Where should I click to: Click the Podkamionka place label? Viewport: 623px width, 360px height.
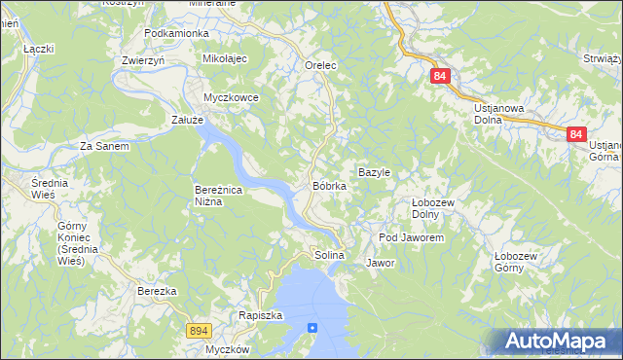click(x=176, y=33)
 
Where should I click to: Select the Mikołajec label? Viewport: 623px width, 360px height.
click(x=226, y=59)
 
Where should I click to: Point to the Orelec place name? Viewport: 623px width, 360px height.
click(x=320, y=66)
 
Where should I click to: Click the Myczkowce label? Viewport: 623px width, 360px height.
click(x=231, y=97)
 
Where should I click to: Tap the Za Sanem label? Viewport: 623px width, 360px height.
click(x=104, y=146)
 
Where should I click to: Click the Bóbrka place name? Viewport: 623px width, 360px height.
click(x=329, y=185)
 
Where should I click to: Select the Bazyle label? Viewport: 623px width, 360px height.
click(x=374, y=172)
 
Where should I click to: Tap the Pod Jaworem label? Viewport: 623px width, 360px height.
click(x=411, y=237)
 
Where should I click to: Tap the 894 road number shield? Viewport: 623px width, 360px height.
click(x=199, y=331)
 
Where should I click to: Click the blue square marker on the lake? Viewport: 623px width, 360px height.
click(x=312, y=328)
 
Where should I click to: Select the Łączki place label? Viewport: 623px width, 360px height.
click(x=38, y=48)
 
